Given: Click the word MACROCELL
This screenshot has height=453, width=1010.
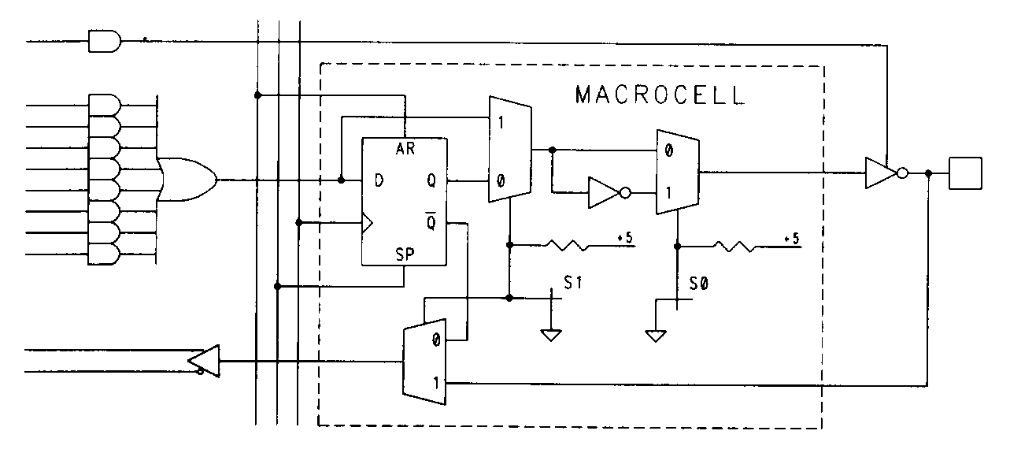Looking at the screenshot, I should coord(659,95).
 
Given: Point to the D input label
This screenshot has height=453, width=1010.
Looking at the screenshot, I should coord(379,180).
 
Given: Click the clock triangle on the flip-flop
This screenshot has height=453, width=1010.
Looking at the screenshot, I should coord(367,223).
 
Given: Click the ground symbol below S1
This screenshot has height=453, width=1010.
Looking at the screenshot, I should coord(551,335).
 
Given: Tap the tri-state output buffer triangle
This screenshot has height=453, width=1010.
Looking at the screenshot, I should coord(879,173).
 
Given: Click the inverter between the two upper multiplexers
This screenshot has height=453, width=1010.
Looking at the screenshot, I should coord(605,191).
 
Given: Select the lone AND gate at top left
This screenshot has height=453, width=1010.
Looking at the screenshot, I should coord(104,41).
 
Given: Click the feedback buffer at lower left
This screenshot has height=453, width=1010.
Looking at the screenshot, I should coord(203,362).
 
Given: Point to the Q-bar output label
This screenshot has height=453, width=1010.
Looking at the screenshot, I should coord(431,223).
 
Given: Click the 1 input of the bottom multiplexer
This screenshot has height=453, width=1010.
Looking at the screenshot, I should coord(434,383).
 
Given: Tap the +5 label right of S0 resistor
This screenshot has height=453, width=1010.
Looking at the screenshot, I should coord(792,238).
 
